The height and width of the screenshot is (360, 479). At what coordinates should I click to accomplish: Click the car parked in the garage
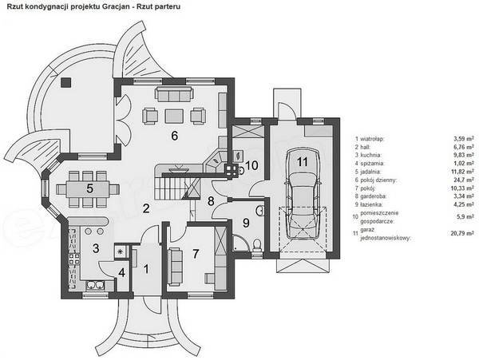(x=303, y=194)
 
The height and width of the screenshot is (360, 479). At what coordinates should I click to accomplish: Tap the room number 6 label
(x=174, y=136)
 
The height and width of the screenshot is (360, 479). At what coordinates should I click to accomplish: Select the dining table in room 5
(x=88, y=189)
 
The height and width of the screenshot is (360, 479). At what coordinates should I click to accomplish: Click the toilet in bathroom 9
(x=257, y=246)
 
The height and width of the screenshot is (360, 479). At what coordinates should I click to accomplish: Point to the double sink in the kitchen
(x=96, y=285)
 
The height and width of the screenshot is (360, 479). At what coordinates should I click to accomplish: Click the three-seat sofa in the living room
(x=174, y=94)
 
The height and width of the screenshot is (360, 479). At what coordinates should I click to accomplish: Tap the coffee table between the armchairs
(x=174, y=117)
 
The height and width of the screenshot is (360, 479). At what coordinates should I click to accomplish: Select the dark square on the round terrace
(x=65, y=83)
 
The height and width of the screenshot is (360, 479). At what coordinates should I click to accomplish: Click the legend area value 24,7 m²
(x=464, y=180)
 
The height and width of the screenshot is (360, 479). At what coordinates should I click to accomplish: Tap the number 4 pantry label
(x=122, y=273)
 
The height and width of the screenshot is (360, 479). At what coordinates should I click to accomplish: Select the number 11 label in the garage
(x=303, y=162)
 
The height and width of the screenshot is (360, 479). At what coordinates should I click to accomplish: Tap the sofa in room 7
(x=174, y=267)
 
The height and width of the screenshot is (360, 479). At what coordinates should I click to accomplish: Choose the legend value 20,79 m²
(x=462, y=234)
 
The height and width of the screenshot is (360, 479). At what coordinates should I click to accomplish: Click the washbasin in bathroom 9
(x=260, y=211)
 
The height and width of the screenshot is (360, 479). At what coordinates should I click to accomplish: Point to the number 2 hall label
(x=146, y=208)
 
